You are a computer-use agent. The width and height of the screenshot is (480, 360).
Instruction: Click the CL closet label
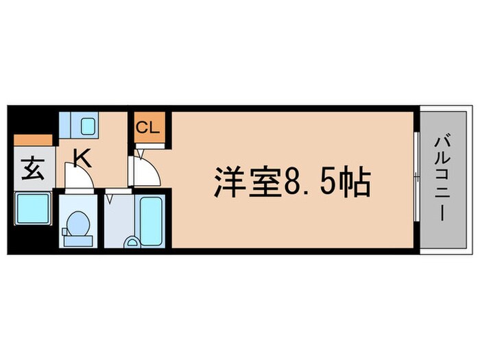pos(147,127)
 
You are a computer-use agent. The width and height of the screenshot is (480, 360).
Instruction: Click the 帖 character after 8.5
pos(357,183)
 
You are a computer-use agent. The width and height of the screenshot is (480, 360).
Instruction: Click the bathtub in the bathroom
pos(151,221)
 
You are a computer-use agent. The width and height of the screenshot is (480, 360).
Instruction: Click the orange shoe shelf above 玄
pos(32,140)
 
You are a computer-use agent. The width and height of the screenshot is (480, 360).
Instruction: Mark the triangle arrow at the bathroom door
pos(109,198)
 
